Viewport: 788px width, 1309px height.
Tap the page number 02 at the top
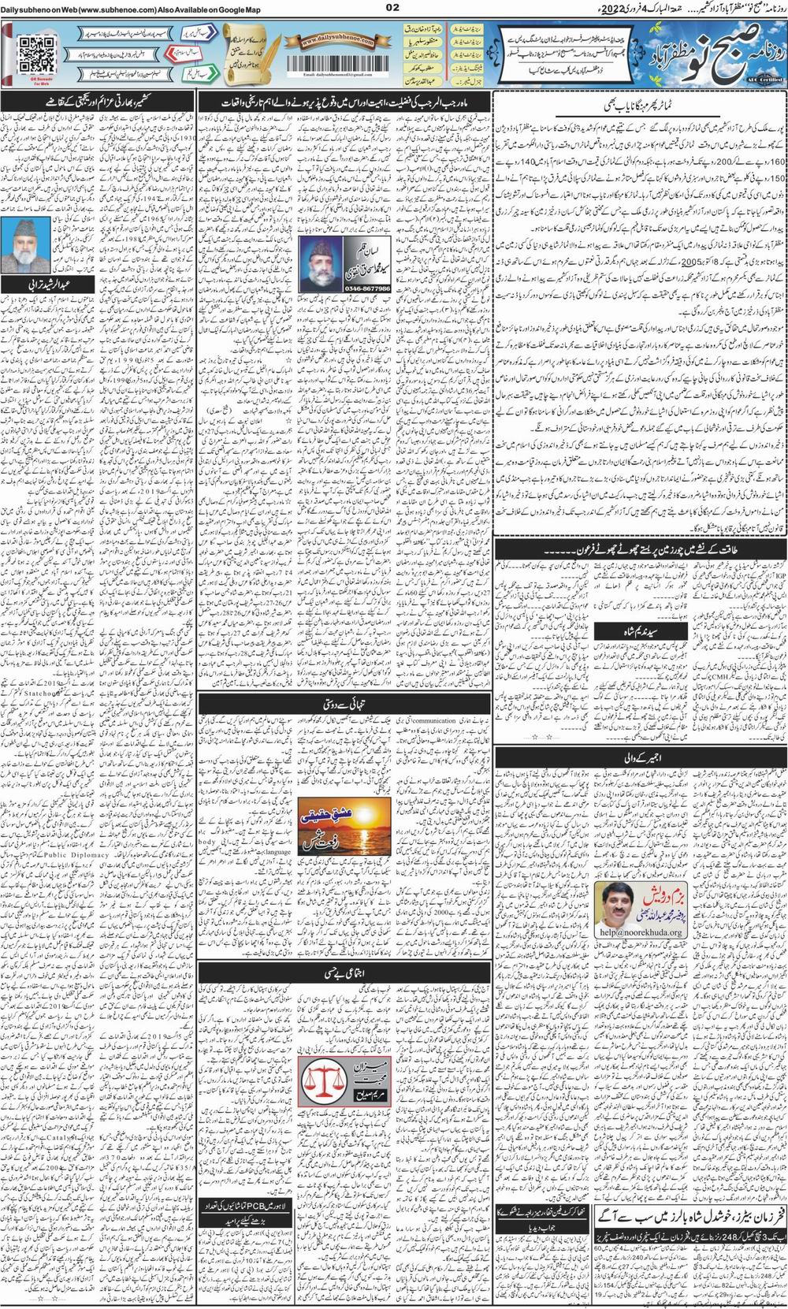pos(393,9)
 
